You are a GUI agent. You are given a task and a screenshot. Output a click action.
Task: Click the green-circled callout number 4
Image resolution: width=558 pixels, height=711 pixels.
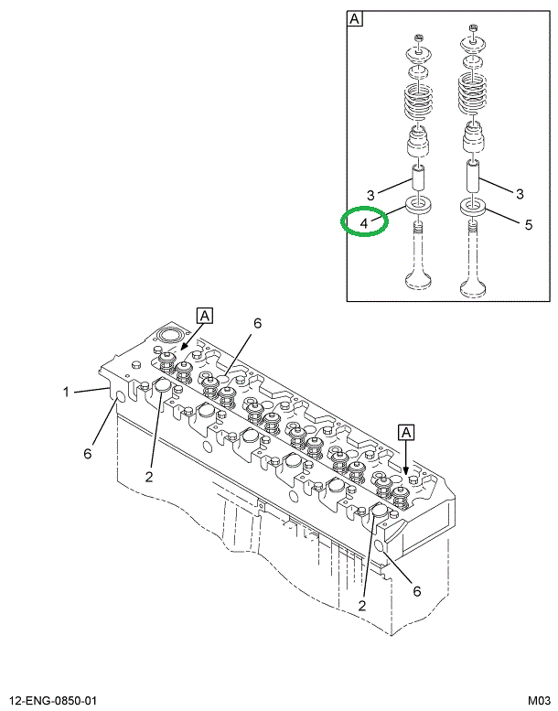click(364, 222)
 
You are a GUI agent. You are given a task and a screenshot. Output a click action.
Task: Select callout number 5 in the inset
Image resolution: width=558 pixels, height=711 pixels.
click(528, 222)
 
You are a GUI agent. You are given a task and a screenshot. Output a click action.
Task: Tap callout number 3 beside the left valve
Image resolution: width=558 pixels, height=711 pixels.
click(370, 194)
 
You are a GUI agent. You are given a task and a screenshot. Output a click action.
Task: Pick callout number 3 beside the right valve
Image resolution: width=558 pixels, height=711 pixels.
click(520, 193)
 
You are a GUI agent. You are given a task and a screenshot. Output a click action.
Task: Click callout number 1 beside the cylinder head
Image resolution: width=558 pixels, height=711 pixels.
click(66, 393)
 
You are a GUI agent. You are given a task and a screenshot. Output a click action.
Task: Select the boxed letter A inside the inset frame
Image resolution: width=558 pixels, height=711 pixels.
click(355, 18)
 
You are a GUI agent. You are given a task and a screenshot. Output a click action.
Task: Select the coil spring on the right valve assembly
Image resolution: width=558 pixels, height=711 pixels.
click(474, 99)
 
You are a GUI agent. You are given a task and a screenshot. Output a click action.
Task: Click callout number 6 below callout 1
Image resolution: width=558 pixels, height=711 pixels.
click(89, 454)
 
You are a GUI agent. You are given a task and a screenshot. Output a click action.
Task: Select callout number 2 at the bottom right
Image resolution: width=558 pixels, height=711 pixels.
click(363, 605)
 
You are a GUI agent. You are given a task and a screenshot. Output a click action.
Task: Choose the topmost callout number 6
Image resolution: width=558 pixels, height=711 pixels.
click(258, 323)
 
